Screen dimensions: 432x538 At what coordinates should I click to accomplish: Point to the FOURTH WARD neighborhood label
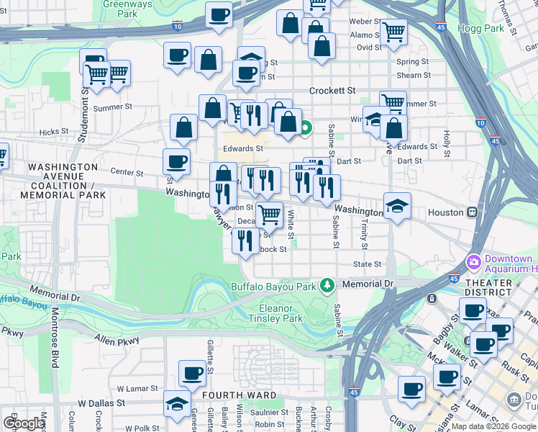[240, 395]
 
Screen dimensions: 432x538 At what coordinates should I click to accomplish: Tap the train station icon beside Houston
[473, 212]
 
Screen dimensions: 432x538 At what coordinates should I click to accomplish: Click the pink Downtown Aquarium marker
[473, 261]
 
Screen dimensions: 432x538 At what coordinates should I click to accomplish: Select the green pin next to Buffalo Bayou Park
[328, 285]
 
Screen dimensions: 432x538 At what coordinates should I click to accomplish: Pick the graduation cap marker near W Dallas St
[176, 405]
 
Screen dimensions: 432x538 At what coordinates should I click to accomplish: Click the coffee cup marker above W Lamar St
[192, 373]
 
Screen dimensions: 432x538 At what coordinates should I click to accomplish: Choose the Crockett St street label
[332, 91]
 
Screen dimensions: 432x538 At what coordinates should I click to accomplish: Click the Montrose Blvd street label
[54, 338]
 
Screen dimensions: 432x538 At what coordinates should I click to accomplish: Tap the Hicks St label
[53, 132]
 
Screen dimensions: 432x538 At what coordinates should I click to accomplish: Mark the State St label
[367, 264]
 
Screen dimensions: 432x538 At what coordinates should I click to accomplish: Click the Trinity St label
[364, 235]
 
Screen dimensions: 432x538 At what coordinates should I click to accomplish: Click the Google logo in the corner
[24, 424]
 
